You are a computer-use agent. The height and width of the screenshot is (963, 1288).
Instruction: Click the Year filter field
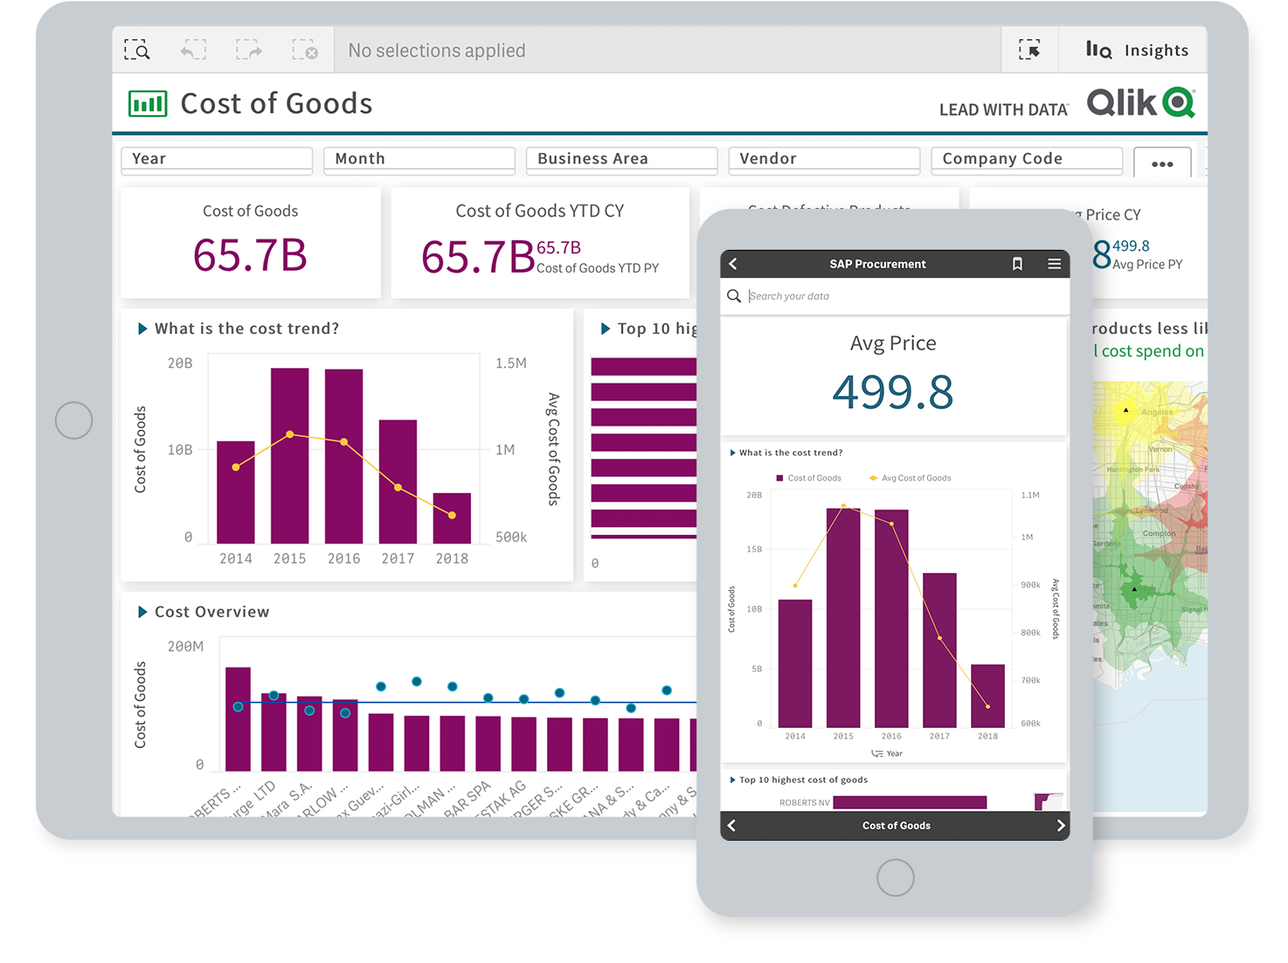click(x=216, y=159)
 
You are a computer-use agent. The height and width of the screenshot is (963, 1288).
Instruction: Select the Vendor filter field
click(x=823, y=159)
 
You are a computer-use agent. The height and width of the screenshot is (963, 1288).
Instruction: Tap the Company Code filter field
click(x=1026, y=159)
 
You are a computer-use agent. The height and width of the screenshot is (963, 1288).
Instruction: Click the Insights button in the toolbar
click(x=1137, y=51)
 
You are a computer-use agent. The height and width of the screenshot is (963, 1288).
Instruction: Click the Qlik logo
click(x=1140, y=103)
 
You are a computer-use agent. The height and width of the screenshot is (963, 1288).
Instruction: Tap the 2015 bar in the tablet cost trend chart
click(x=289, y=455)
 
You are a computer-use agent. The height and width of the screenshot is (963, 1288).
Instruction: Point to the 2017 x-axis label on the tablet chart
click(x=398, y=558)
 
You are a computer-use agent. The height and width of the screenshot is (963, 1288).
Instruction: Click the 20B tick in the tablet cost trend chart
click(x=180, y=363)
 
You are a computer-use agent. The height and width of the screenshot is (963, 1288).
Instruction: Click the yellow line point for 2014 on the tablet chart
click(x=236, y=468)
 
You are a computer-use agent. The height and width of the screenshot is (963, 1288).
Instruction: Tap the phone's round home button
click(x=895, y=877)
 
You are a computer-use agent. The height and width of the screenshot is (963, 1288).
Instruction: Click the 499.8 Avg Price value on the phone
click(x=892, y=391)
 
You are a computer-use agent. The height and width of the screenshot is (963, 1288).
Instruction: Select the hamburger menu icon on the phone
click(x=1055, y=264)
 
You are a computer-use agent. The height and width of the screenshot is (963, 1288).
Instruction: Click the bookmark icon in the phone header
click(x=1017, y=264)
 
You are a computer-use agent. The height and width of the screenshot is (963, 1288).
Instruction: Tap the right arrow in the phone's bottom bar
click(x=1060, y=826)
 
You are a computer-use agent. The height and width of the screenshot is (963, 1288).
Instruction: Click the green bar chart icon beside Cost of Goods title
click(x=148, y=104)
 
